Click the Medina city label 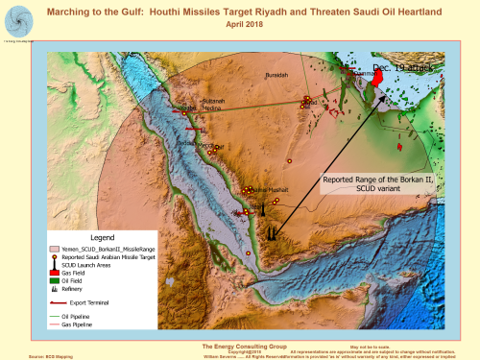[x=214, y=108]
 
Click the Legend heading [x=102, y=237]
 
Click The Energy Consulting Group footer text [x=239, y=346]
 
